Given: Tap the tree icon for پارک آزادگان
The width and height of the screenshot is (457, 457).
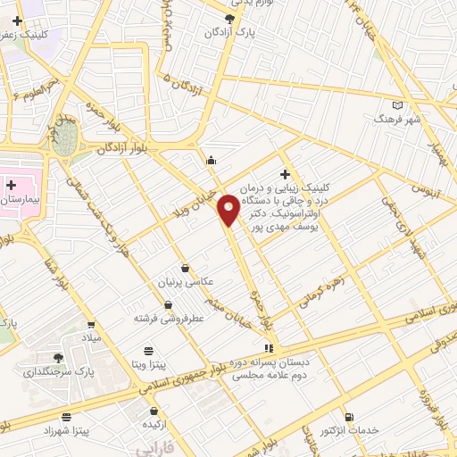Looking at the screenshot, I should (230, 19).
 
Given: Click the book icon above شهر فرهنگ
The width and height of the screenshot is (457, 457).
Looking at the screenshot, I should (397, 105).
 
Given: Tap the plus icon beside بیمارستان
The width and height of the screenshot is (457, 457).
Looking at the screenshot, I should (11, 186).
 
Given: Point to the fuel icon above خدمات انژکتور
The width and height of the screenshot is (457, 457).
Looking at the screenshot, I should (348, 417).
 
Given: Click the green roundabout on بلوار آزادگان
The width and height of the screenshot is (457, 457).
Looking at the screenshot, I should (68, 139).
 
